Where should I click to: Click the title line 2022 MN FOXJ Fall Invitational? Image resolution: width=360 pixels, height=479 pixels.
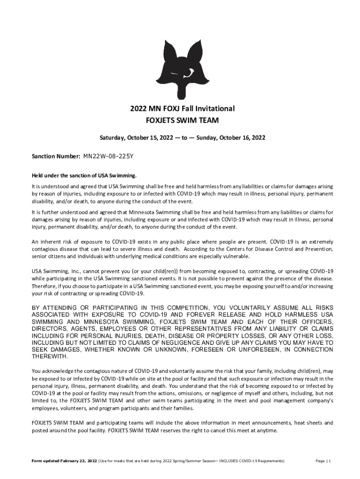pyautogui.click(x=182, y=109)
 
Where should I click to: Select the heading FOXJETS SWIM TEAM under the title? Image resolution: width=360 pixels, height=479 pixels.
pyautogui.click(x=182, y=121)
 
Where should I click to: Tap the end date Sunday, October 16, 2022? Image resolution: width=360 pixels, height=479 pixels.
pyautogui.click(x=230, y=138)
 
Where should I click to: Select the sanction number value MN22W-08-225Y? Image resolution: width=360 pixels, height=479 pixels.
pyautogui.click(x=110, y=156)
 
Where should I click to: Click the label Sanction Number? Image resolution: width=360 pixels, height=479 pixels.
pyautogui.click(x=56, y=156)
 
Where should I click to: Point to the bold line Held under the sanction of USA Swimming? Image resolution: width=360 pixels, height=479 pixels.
pyautogui.click(x=84, y=175)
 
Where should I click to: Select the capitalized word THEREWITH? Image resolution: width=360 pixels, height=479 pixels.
pyautogui.click(x=50, y=356)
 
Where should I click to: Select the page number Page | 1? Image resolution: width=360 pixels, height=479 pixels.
pyautogui.click(x=323, y=461)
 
